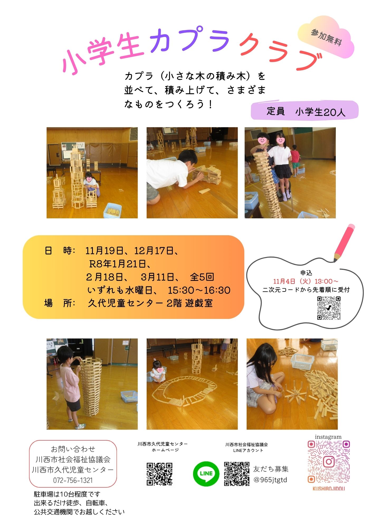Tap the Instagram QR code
pyautogui.click(x=329, y=462)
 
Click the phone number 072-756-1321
pyautogui.click(x=73, y=480)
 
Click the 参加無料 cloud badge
pyautogui.click(x=326, y=37)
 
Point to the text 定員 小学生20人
pyautogui.click(x=306, y=112)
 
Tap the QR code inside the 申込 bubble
pyautogui.click(x=329, y=308)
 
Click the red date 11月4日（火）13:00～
pyautogui.click(x=306, y=281)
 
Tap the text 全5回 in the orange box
pyautogui.click(x=202, y=277)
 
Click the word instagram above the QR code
pyautogui.click(x=328, y=437)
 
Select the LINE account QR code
pyautogui.click(x=237, y=474)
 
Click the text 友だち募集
pyautogui.click(x=271, y=469)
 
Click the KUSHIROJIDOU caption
pyautogui.click(x=329, y=489)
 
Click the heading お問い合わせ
pyautogui.click(x=73, y=449)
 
